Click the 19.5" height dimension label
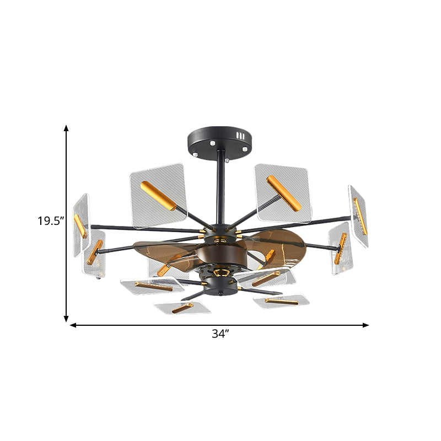pyautogui.click(x=51, y=222)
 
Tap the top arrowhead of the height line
pyautogui.click(x=66, y=128)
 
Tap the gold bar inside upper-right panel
pyautogui.click(x=283, y=193)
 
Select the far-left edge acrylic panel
pyautogui.click(x=80, y=223)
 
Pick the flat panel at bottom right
pyautogui.click(x=281, y=301)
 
